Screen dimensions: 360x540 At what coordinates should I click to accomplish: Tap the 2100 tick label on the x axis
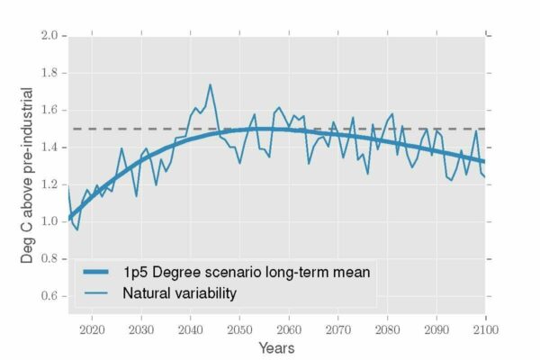pos(485,328)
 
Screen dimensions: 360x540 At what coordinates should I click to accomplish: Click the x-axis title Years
pos(276,347)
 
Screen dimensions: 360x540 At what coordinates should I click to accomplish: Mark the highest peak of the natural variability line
pos(210,85)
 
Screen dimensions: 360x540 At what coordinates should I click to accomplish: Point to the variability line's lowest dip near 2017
pos(77,229)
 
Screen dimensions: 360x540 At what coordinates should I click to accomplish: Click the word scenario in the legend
pos(244,271)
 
